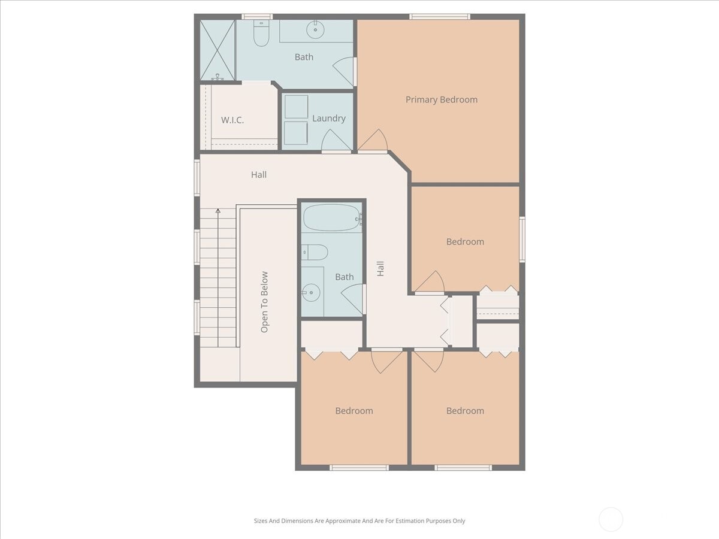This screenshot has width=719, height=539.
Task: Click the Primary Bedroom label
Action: pos(442,99)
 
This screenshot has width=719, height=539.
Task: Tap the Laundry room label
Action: pos(329,118)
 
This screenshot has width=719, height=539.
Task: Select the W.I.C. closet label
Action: pos(232,120)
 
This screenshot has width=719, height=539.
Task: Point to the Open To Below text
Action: pos(264,302)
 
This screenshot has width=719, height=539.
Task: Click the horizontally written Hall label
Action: pos(259,175)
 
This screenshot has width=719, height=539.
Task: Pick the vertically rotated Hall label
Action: pos(380,268)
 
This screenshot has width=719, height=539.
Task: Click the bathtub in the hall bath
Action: pos(331,218)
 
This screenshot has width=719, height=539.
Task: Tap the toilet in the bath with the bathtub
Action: pos(315,252)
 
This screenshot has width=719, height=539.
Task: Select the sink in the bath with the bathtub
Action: pos(311,292)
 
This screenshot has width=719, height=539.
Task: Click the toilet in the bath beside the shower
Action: pos(261,35)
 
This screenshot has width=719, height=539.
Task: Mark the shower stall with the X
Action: pos(217,50)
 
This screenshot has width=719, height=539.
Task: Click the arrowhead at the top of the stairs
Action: pos(218,211)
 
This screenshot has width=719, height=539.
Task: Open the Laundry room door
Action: pos(336,142)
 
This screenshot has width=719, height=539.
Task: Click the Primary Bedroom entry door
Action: pos(373,142)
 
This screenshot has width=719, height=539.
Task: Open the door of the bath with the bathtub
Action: pos(354,298)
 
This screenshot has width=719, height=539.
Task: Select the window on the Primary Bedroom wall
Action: pos(440,17)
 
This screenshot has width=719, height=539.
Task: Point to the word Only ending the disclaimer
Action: pos(458,521)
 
